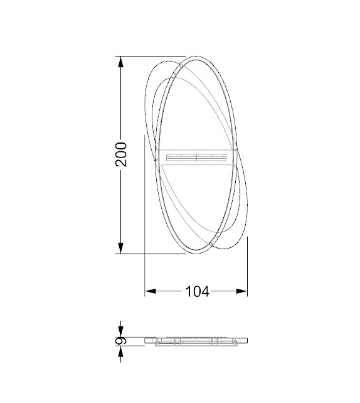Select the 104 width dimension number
click(x=196, y=291)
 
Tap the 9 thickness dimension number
click(x=122, y=340)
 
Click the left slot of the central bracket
click(x=181, y=157)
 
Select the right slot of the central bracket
click(x=211, y=157)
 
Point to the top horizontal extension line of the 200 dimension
click(x=151, y=57)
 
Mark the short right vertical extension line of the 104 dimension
click(x=248, y=264)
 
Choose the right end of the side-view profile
click(x=248, y=340)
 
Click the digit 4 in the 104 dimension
click(x=205, y=291)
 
